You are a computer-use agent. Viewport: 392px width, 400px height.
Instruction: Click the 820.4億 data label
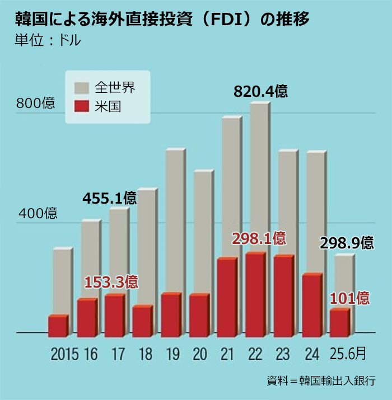[x=260, y=91]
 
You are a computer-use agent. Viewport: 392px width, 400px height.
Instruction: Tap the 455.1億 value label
[x=109, y=198]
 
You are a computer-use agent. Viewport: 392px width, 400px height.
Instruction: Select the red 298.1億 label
[x=259, y=239]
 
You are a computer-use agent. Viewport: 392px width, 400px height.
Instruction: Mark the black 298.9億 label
[x=346, y=243]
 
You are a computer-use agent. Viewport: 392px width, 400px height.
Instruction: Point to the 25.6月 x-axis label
[x=347, y=354]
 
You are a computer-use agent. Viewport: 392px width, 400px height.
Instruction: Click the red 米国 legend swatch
[x=82, y=106]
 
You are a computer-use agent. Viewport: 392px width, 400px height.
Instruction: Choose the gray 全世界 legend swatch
[x=82, y=88]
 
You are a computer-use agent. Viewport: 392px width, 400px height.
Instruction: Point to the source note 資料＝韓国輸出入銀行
[x=321, y=380]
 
